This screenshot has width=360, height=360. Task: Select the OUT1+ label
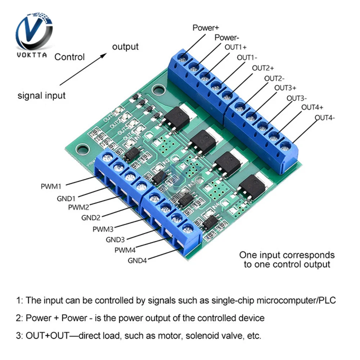coord(236,47)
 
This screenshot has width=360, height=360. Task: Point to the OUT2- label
coord(275,78)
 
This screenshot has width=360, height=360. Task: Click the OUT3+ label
coord(285,87)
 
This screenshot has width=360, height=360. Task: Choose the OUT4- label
coord(325,118)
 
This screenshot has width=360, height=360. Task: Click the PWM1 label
coord(51,186)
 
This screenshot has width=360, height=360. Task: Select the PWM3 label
coord(103,229)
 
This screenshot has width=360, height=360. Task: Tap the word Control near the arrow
coord(69,57)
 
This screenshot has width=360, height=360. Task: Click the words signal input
coord(42,95)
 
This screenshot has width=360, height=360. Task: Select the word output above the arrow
coord(125,47)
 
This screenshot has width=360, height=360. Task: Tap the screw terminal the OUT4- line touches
coord(285,146)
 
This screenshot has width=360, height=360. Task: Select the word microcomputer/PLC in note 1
coord(291,300)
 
